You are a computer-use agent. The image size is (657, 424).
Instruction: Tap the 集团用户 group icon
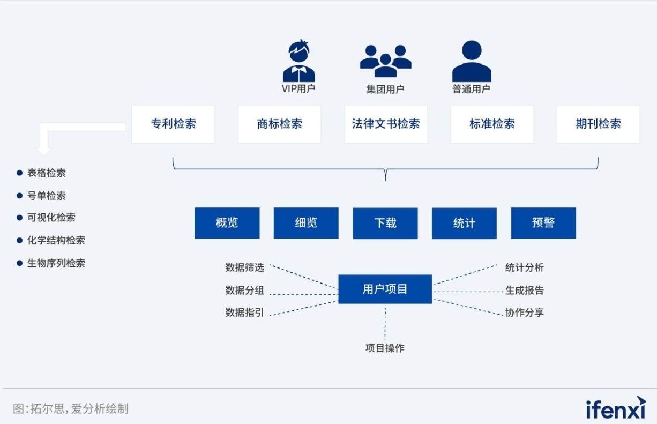(385, 61)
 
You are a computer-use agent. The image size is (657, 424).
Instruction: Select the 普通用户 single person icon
(472, 61)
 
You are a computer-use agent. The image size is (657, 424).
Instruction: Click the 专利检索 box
(173, 124)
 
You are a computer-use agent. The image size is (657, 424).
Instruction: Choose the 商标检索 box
(280, 124)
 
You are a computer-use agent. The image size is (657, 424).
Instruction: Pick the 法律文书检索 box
(386, 124)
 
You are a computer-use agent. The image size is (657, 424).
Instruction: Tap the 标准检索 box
(492, 124)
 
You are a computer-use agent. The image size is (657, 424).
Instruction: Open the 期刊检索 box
(599, 124)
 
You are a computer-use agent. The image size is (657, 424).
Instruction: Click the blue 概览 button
(227, 223)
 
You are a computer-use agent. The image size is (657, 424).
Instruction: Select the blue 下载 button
(385, 224)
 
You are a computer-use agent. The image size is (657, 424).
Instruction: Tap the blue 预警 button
(543, 223)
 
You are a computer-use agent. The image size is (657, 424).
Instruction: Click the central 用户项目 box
(385, 289)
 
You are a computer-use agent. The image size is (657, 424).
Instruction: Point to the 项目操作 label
(385, 348)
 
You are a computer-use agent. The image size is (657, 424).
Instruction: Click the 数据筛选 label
(244, 267)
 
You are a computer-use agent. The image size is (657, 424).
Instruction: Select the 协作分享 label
(525, 313)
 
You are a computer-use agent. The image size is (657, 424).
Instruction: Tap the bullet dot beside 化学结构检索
(20, 241)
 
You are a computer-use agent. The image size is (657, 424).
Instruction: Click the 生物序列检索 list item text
(56, 263)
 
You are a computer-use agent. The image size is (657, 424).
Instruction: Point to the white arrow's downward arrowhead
(43, 151)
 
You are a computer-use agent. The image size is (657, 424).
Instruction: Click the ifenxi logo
(616, 408)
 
